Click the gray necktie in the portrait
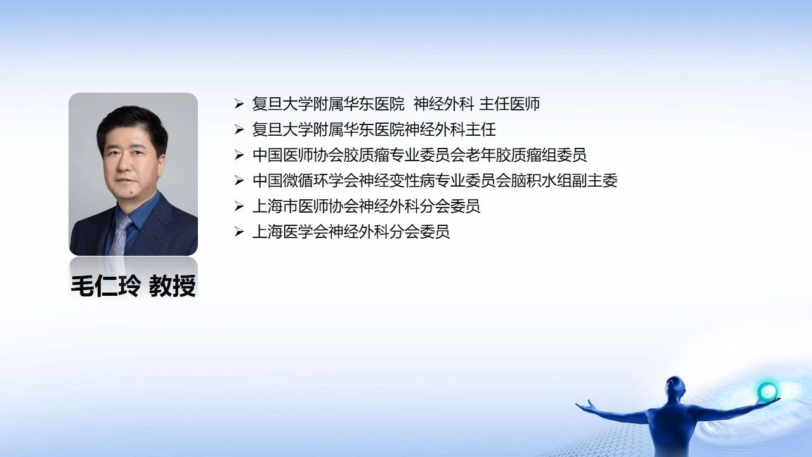pyautogui.click(x=121, y=235)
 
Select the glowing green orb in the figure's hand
pyautogui.click(x=768, y=391)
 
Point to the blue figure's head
pyautogui.click(x=675, y=387)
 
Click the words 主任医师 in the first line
pyautogui.click(x=509, y=104)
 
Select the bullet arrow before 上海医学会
pyautogui.click(x=239, y=232)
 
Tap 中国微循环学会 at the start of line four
pyautogui.click(x=297, y=181)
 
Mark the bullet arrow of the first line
pyautogui.click(x=239, y=104)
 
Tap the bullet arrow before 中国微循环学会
pyautogui.click(x=239, y=181)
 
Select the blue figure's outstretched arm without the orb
pyautogui.click(x=609, y=411)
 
